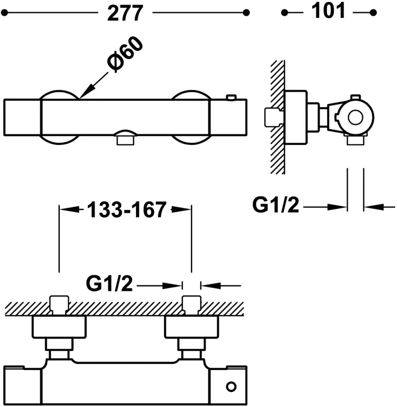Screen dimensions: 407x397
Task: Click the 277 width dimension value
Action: tap(125, 13)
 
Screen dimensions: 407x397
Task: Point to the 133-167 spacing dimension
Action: tap(126, 210)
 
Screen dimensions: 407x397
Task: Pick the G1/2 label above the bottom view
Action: tap(109, 284)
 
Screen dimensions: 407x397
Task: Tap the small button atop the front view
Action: tap(231, 98)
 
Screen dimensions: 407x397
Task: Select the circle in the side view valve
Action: tap(355, 117)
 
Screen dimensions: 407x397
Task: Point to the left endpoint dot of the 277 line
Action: tap(5, 13)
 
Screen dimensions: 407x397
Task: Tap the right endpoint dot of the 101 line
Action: tap(373, 13)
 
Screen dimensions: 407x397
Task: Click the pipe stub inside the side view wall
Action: tap(271, 117)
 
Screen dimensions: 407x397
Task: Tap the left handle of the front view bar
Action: tap(23, 118)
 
